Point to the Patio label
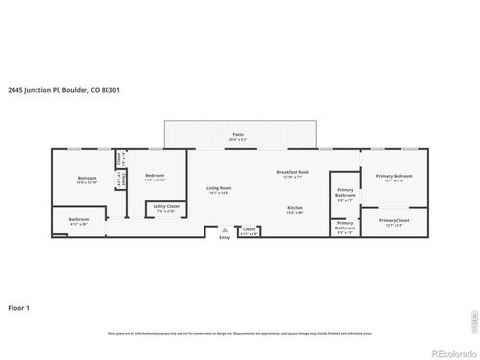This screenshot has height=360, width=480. click(x=237, y=135)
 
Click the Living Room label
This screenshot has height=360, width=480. click(x=219, y=187)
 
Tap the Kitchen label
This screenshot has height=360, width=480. click(x=295, y=208)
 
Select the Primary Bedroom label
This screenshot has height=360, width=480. click(x=394, y=176)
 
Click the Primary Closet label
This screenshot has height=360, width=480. click(x=394, y=220)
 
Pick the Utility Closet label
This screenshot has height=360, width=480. click(x=166, y=206)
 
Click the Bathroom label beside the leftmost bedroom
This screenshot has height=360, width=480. click(x=79, y=220)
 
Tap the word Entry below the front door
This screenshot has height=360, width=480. click(x=225, y=237)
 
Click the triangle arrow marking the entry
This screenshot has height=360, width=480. click(x=225, y=230)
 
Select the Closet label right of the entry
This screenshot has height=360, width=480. click(x=249, y=228)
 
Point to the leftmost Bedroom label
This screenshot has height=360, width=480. click(x=87, y=179)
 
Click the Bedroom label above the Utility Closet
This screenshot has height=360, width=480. click(x=155, y=176)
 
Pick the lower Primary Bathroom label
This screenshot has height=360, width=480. click(x=345, y=227)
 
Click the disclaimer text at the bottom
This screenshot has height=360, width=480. click(x=240, y=333)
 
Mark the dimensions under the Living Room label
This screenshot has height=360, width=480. click(x=219, y=193)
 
